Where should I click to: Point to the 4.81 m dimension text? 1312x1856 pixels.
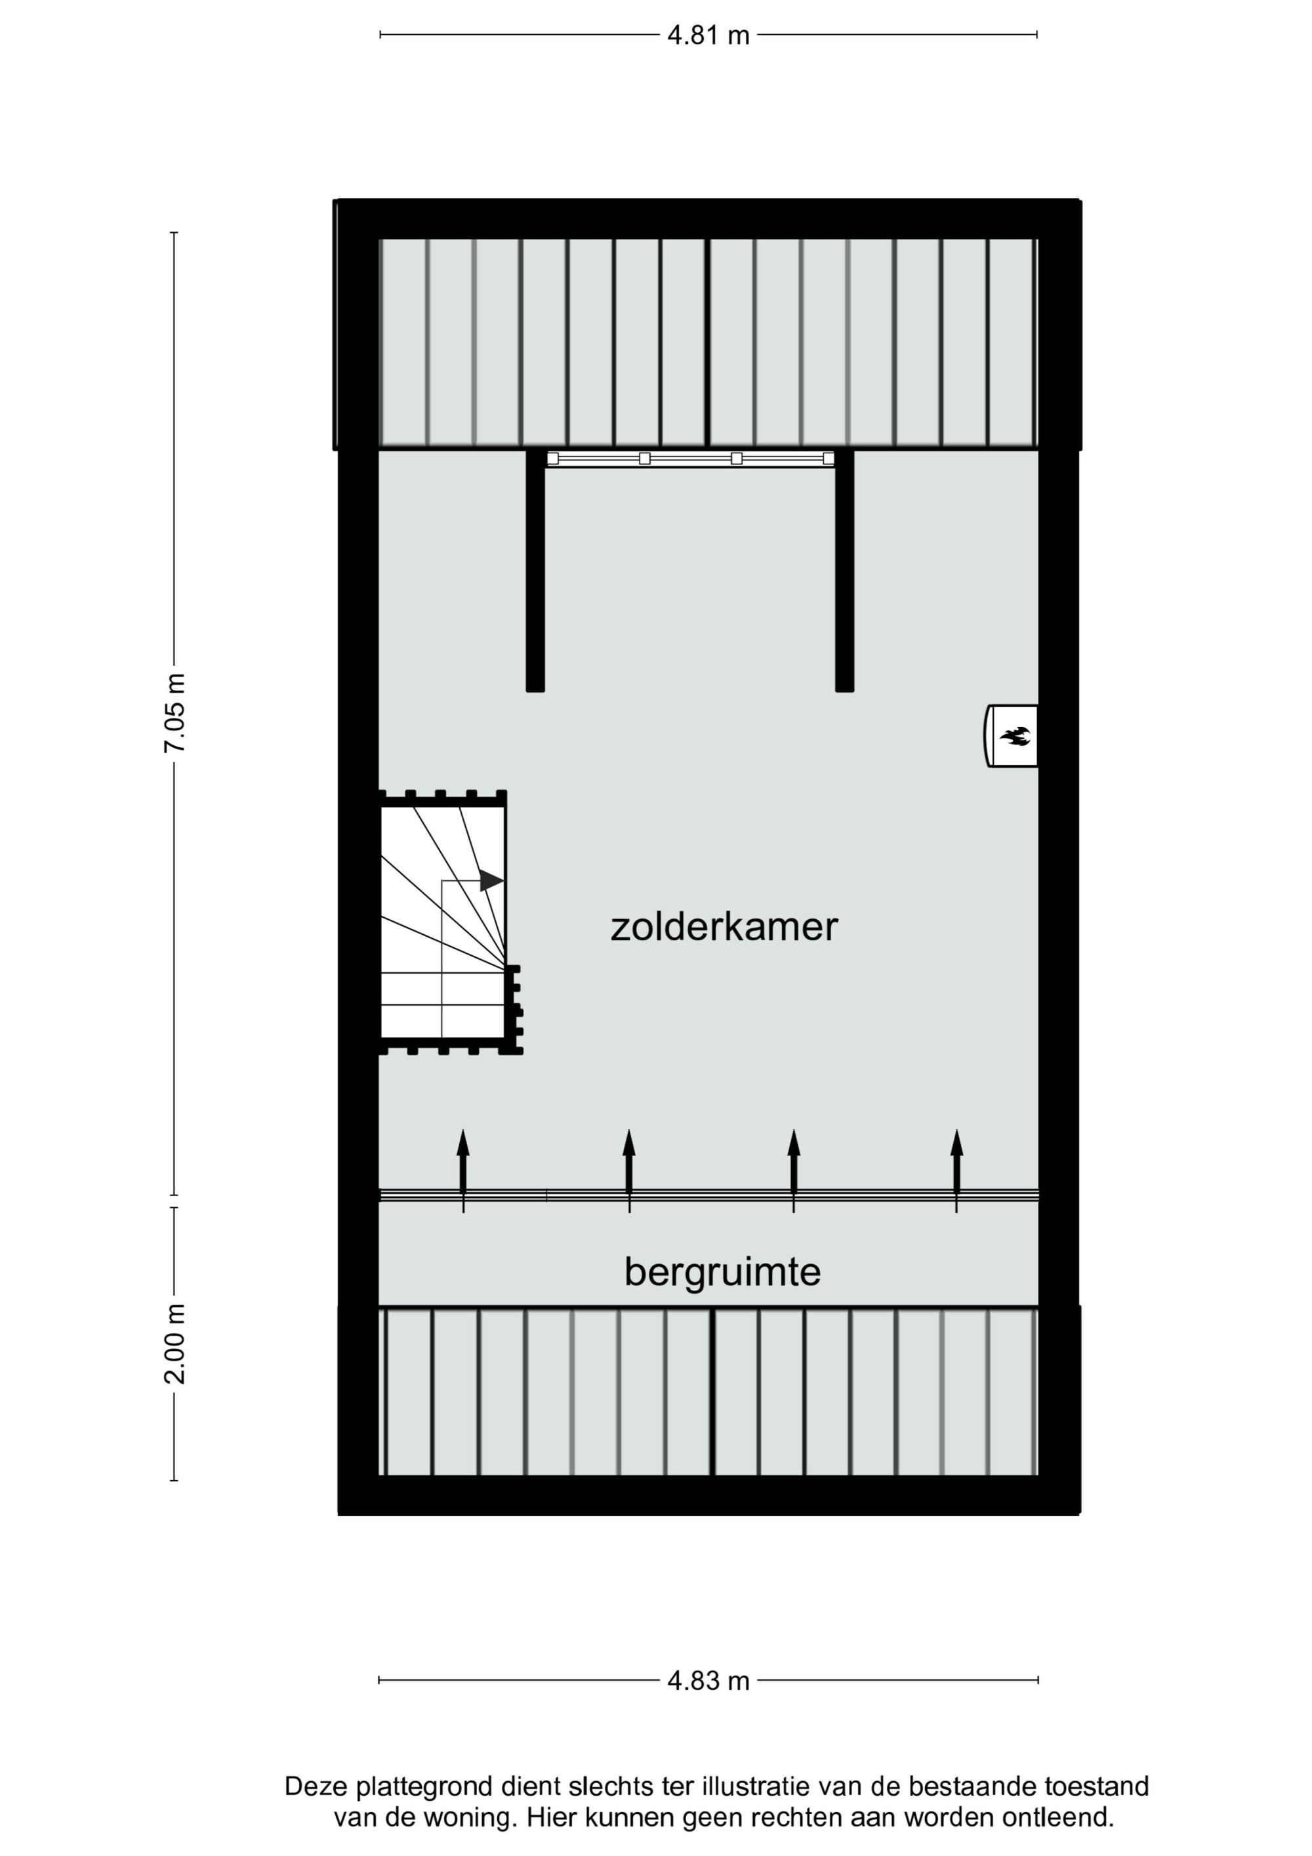coord(708,35)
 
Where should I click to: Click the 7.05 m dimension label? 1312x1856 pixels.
coord(175,712)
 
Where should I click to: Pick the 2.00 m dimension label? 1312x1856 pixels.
coord(175,1344)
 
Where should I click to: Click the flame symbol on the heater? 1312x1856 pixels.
coord(1015,735)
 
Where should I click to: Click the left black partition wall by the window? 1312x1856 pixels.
coord(535,571)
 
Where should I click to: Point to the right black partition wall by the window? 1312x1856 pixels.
coord(845,571)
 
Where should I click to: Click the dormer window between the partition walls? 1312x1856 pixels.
coord(690,459)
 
